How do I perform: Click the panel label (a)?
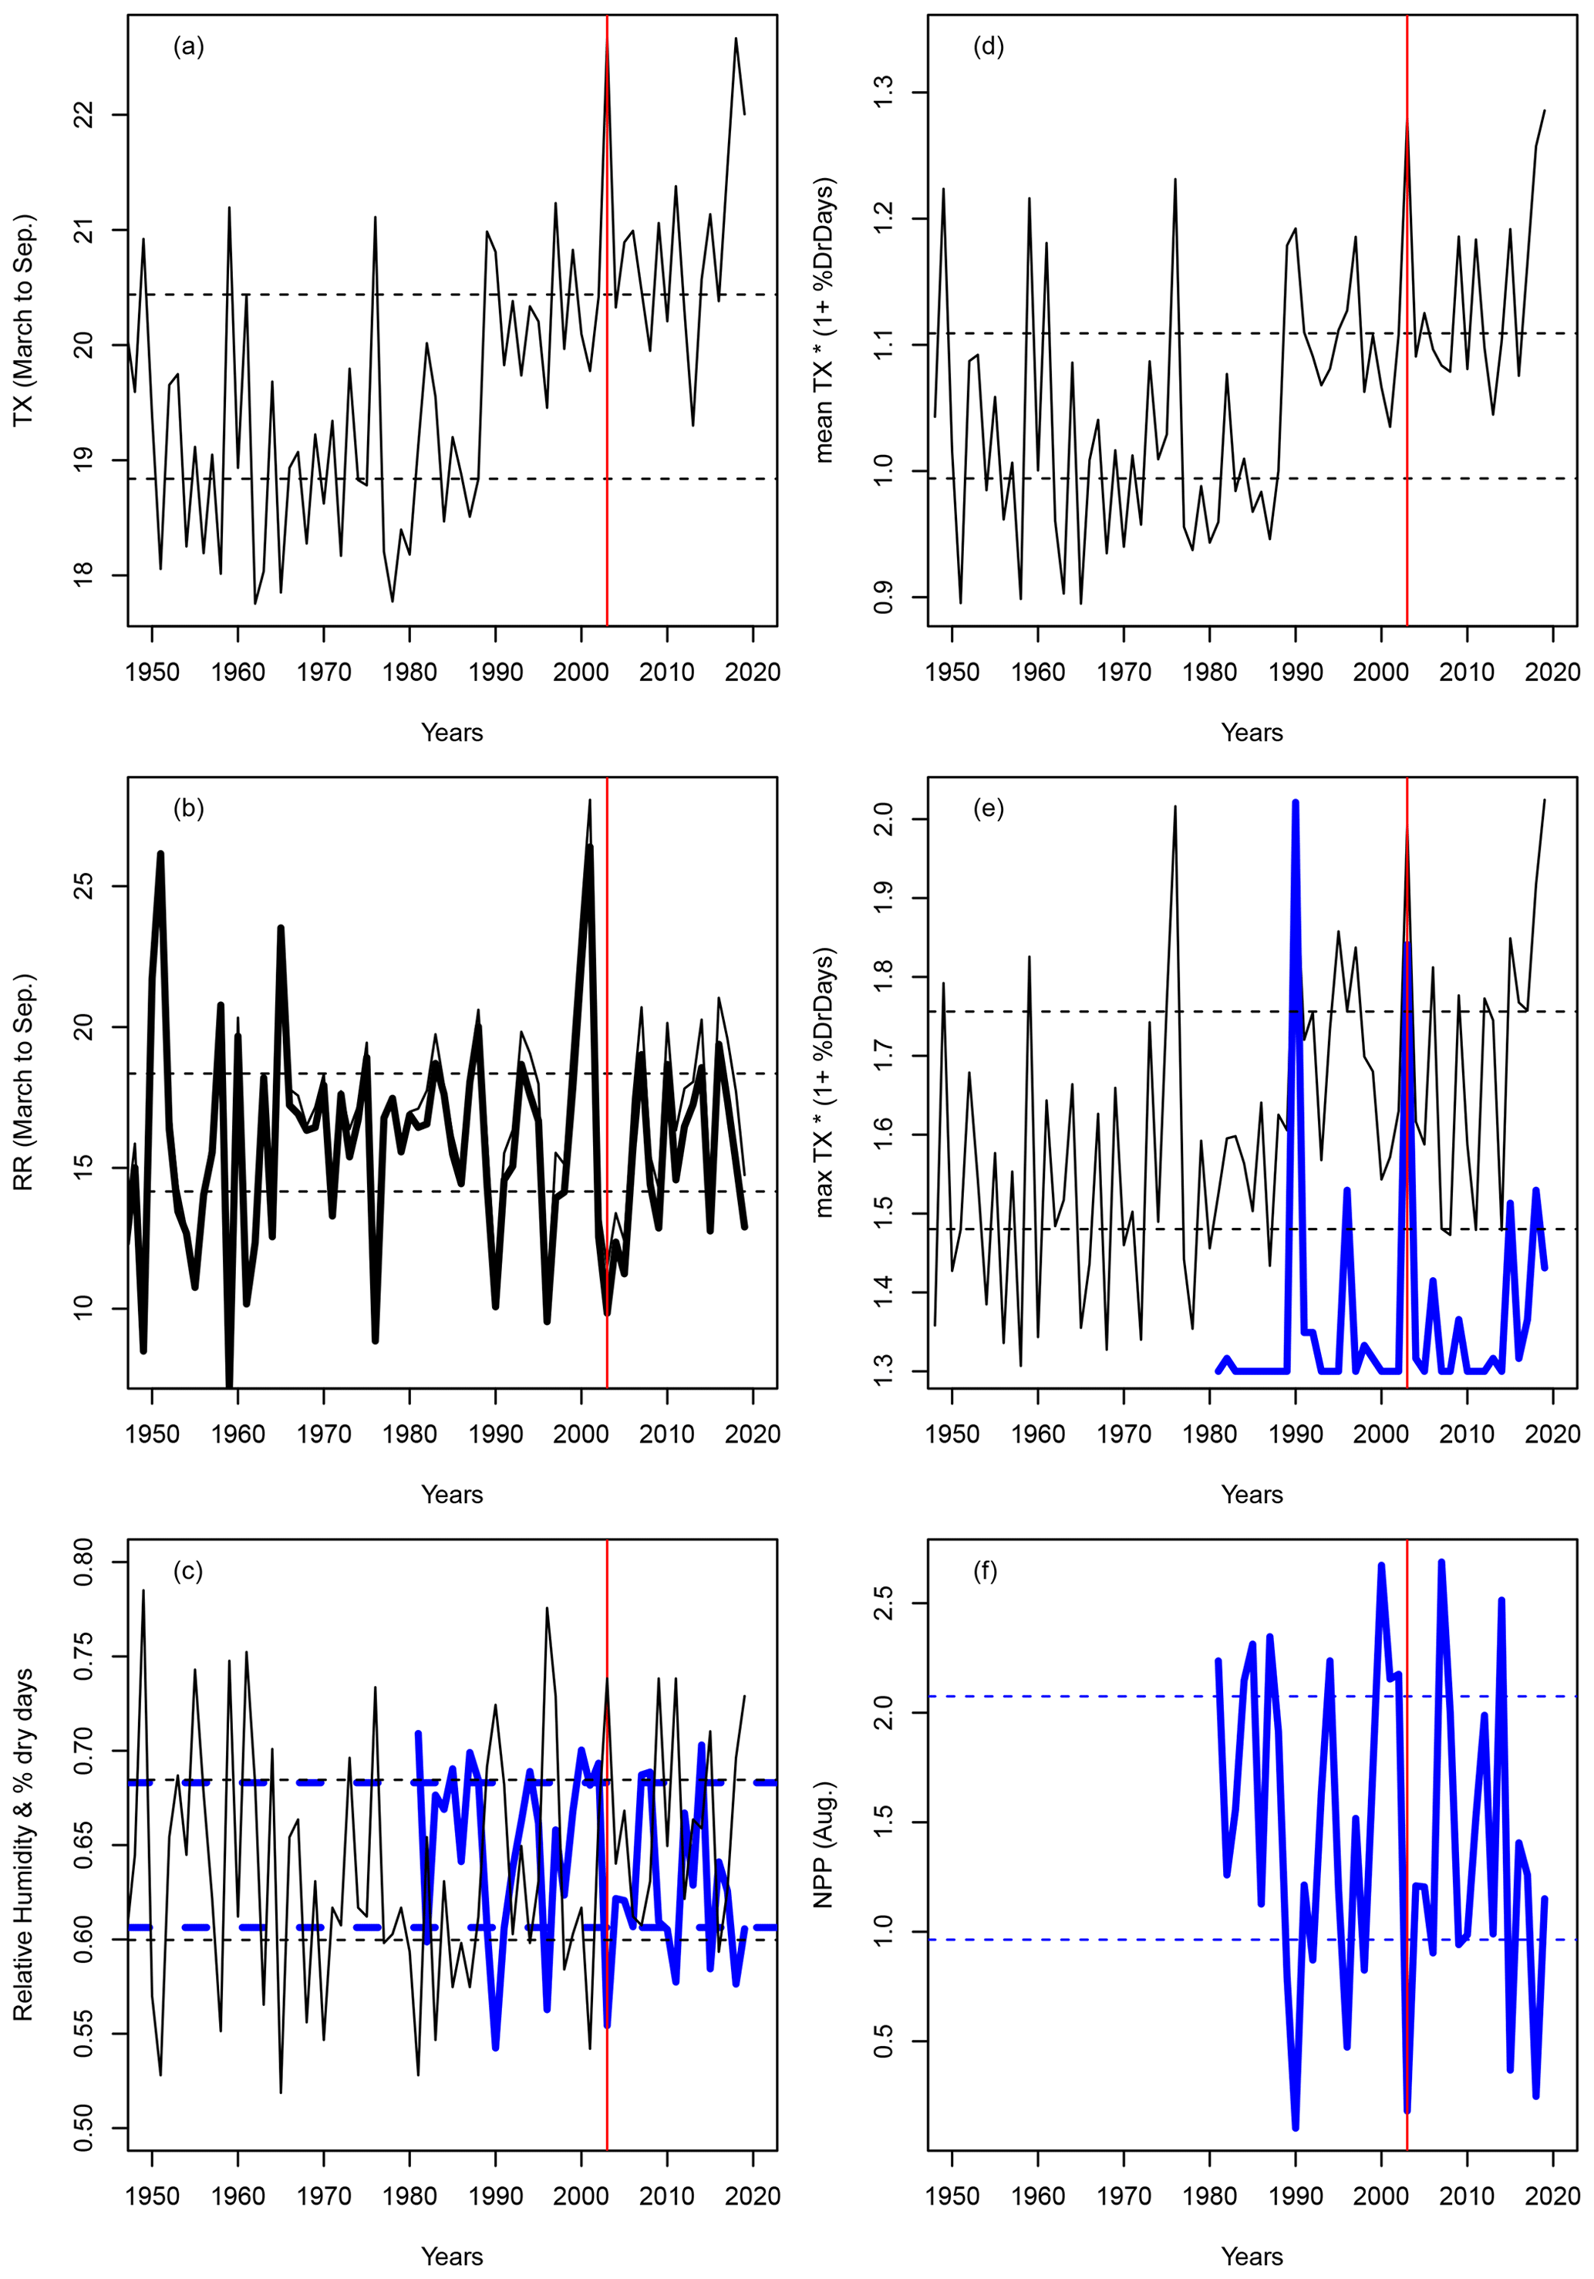pos(189,46)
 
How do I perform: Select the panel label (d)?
pos(988,46)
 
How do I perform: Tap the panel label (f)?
pos(986,1571)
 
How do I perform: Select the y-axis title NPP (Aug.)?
pos(824,1844)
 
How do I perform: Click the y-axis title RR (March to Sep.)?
pos(24,1082)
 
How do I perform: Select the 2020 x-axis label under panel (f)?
pos(1552,2196)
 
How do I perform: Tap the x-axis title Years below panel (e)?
pos(1252,1495)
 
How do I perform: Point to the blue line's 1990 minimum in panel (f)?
pos(1296,2127)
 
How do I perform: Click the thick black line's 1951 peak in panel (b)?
pos(160,854)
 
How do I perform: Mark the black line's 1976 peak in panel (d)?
pos(1175,180)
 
